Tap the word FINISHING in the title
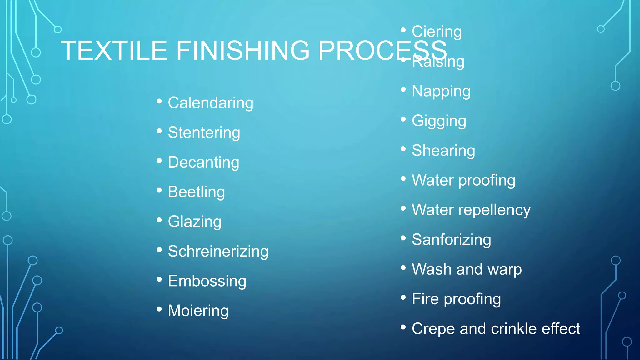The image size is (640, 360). point(243,51)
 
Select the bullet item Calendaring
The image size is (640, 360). point(210,103)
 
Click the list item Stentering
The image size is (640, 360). point(204,132)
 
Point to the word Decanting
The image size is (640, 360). point(203,162)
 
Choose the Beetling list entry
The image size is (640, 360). point(196,192)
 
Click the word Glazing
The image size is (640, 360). point(194,222)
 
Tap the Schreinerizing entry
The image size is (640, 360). point(218,251)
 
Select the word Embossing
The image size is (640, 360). point(207,281)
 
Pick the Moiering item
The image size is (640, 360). point(198,311)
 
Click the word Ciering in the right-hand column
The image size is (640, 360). point(437,32)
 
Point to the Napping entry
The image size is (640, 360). point(441,91)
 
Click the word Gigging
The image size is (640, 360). point(439,121)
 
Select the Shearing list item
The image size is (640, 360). point(443,151)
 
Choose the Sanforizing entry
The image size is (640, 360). point(451,240)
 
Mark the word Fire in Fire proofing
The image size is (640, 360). point(425,299)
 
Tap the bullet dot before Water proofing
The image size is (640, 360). point(403,178)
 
